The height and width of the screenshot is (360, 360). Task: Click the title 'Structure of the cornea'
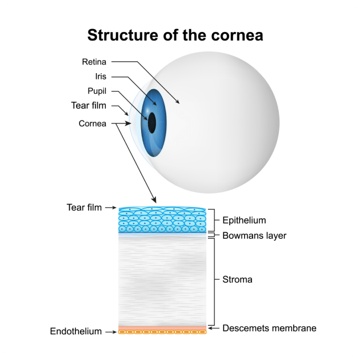click(175, 35)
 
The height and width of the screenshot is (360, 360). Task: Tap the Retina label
click(94, 62)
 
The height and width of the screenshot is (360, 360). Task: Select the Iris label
click(101, 77)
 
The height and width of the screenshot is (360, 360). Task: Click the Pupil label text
click(97, 91)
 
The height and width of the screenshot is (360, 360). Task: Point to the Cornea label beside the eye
click(93, 123)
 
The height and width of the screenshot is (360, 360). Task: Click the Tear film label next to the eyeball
click(89, 106)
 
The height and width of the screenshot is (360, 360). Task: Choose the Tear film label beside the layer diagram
click(84, 207)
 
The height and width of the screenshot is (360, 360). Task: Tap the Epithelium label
click(244, 220)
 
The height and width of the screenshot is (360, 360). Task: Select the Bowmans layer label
click(254, 235)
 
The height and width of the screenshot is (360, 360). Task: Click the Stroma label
click(237, 280)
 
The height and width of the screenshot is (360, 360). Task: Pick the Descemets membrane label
click(269, 328)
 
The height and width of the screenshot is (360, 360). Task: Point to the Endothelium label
click(76, 331)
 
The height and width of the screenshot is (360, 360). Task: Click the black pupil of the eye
click(152, 122)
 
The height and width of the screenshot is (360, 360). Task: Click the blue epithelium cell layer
click(162, 221)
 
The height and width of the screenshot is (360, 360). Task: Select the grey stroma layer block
click(162, 280)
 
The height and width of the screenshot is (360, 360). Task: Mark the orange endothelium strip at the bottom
click(162, 331)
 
